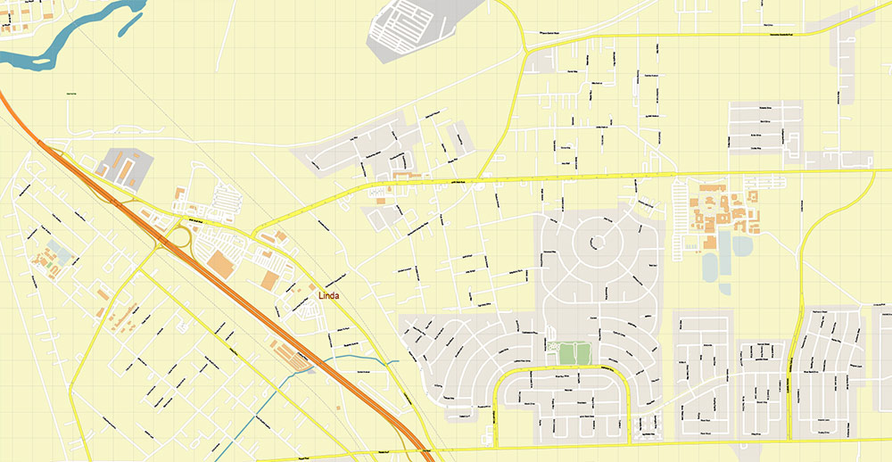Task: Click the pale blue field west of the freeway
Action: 59,247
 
